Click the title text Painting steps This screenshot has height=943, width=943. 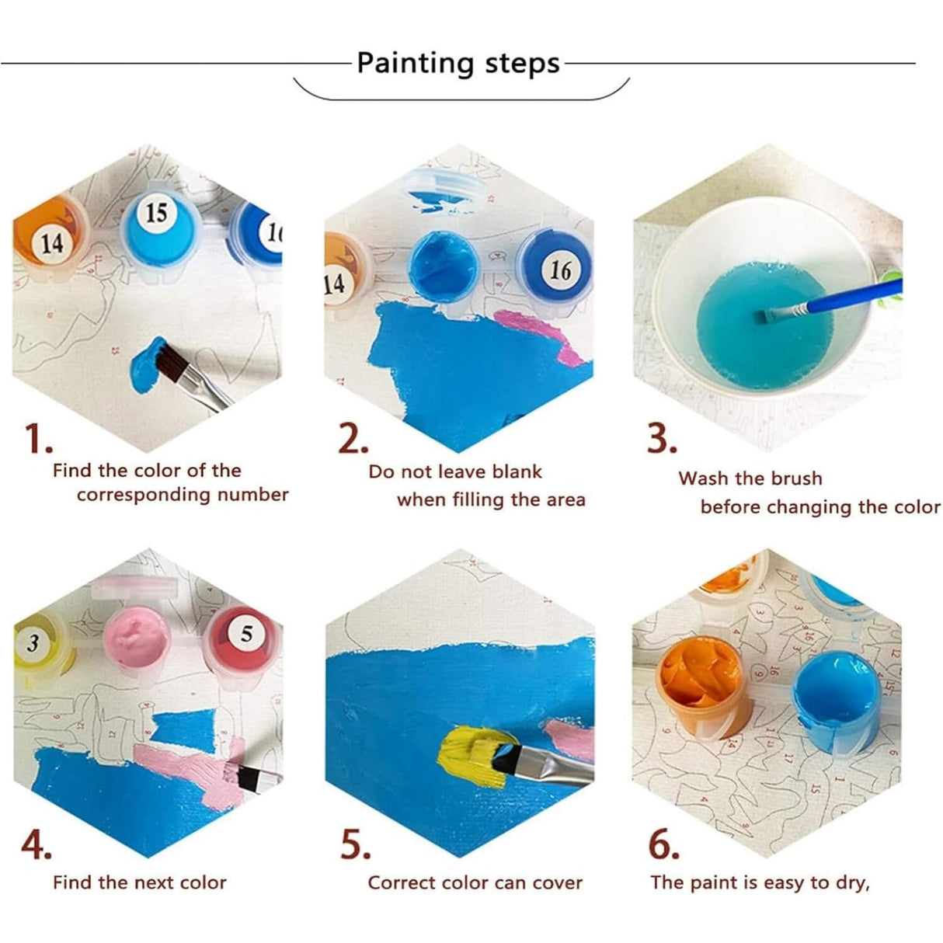click(458, 63)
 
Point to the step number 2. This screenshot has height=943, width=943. click(353, 440)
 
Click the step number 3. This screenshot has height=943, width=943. click(662, 439)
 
